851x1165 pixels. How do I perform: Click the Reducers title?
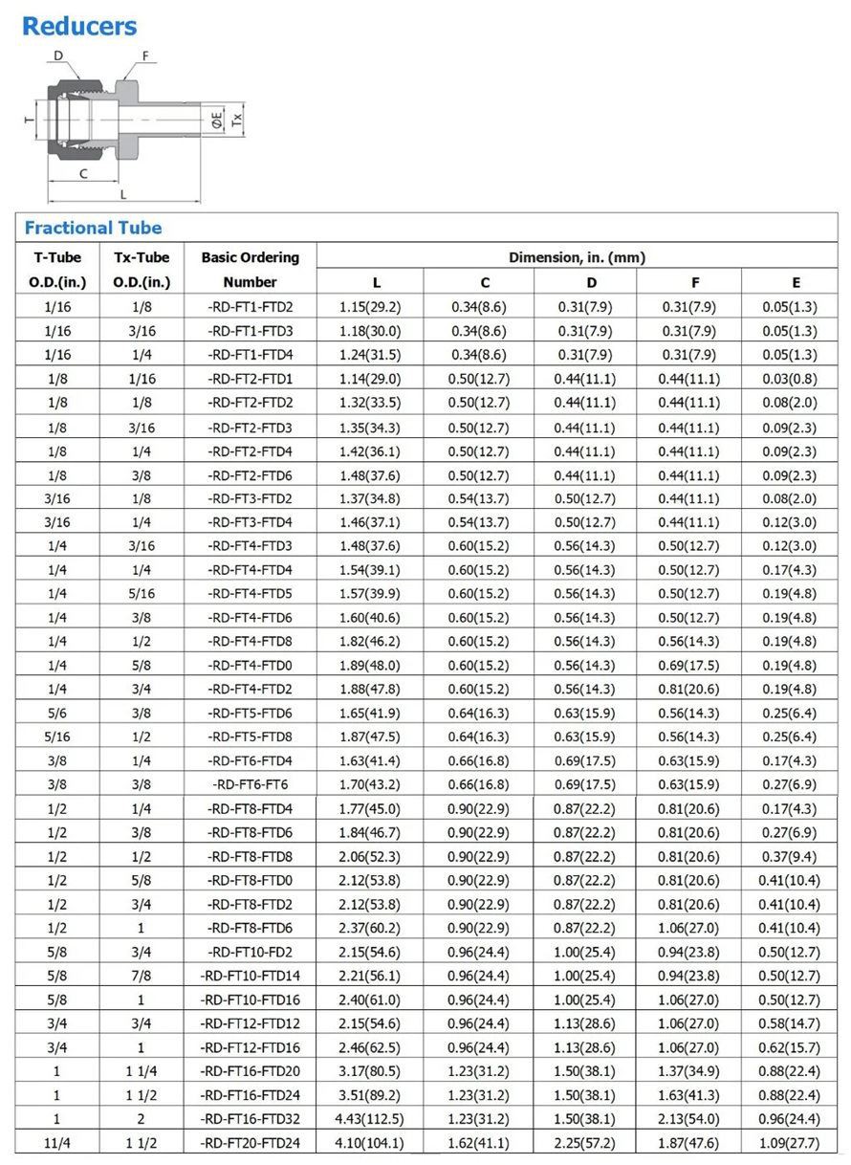click(79, 27)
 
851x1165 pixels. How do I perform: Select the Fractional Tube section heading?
click(93, 228)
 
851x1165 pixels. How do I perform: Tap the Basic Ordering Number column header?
click(250, 269)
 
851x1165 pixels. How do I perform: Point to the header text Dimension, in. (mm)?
click(577, 256)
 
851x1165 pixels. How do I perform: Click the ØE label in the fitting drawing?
click(217, 120)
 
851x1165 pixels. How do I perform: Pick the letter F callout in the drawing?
click(146, 55)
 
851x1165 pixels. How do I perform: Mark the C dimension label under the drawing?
click(84, 173)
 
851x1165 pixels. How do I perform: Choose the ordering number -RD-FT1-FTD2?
click(250, 307)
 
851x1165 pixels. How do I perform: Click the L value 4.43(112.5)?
click(369, 1118)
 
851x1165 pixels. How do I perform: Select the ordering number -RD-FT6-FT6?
click(250, 784)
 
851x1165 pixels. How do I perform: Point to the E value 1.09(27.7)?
click(789, 1142)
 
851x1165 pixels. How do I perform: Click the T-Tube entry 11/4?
click(56, 1142)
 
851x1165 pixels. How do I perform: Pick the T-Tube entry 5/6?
click(56, 713)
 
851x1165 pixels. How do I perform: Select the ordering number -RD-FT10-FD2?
click(250, 952)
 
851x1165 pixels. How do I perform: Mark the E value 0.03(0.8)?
click(789, 379)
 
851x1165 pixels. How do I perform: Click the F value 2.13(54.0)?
click(688, 1118)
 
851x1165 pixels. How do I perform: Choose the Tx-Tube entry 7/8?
click(142, 976)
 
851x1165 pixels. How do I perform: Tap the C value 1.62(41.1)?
click(478, 1142)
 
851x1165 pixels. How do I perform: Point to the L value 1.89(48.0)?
click(369, 665)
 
